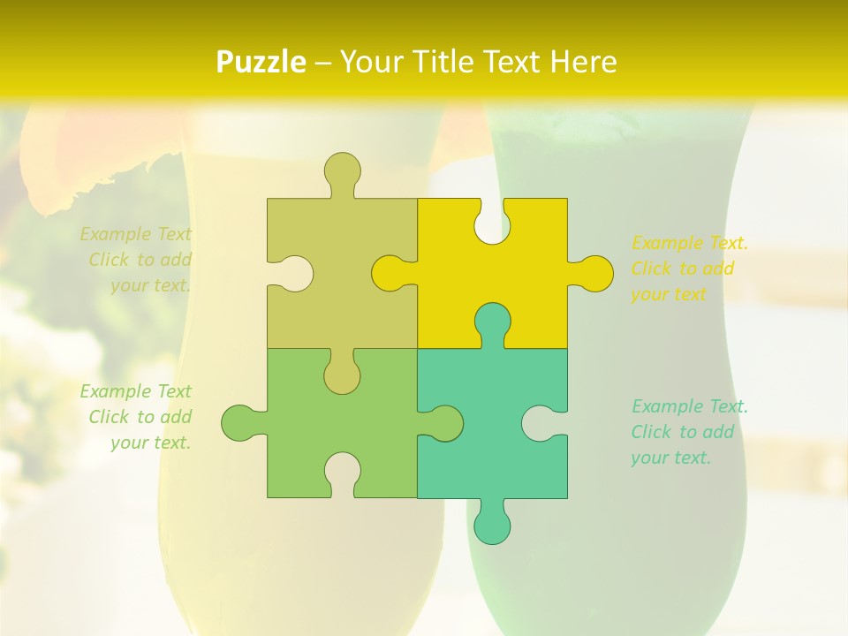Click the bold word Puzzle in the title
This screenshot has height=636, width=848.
pos(262,63)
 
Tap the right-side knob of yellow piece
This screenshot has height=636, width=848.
pos(594,274)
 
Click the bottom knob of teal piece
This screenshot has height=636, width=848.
pos(492,526)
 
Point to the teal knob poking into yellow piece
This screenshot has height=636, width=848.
pos(492,322)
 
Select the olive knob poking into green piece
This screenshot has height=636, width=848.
pos(342,375)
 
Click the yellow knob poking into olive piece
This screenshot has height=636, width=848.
pos(390,274)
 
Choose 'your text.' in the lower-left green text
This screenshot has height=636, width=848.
pos(151,443)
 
